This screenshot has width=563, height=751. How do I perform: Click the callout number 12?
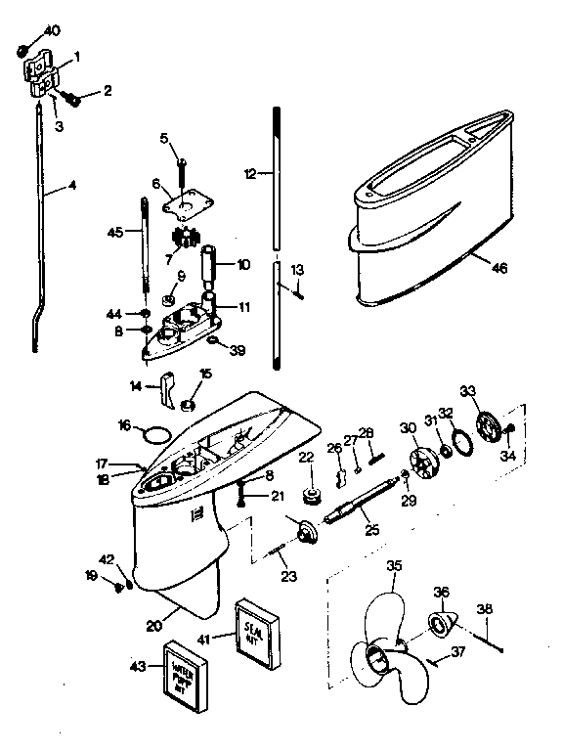coord(250,172)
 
